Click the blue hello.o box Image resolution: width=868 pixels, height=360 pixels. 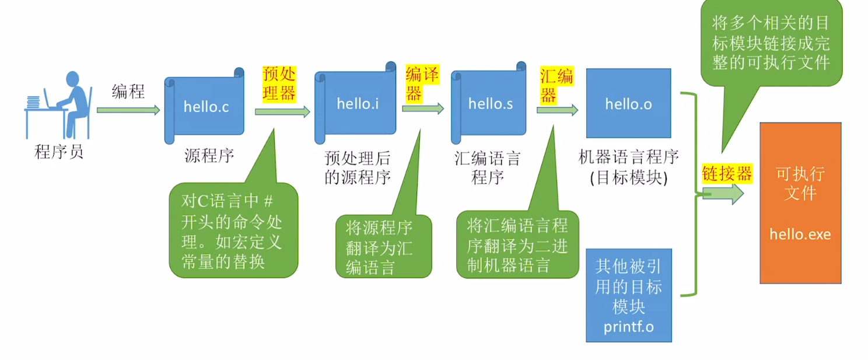[628, 104]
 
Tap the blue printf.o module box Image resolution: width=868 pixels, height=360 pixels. [628, 295]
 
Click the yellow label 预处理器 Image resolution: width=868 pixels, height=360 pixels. [279, 83]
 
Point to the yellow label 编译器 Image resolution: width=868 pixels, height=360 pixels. [422, 83]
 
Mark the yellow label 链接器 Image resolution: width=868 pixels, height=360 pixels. [726, 173]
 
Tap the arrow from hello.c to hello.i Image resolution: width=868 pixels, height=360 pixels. [282, 111]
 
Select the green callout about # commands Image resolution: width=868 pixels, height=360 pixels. [233, 230]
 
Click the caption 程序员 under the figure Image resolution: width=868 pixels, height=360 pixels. [59, 153]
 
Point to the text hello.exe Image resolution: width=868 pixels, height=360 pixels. [800, 235]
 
